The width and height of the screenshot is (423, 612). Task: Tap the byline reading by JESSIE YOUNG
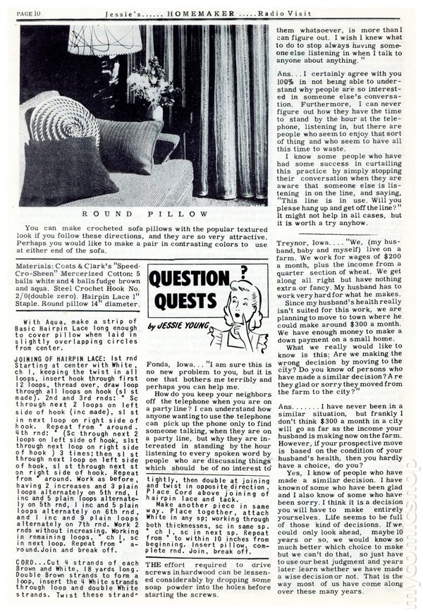pos(178,326)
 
